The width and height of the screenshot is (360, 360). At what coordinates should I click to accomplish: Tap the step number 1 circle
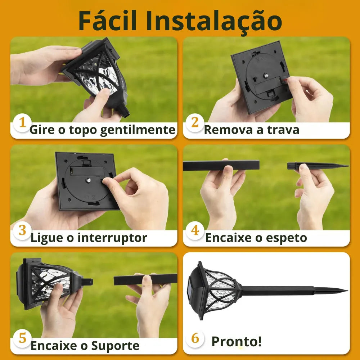(x=22, y=122)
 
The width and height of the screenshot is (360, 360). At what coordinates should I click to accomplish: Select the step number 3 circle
(x=22, y=230)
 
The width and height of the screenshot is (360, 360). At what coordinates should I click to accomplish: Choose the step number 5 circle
(x=22, y=338)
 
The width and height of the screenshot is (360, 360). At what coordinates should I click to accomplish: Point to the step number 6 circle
(x=195, y=338)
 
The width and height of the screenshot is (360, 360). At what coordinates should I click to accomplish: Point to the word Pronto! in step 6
(x=237, y=341)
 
